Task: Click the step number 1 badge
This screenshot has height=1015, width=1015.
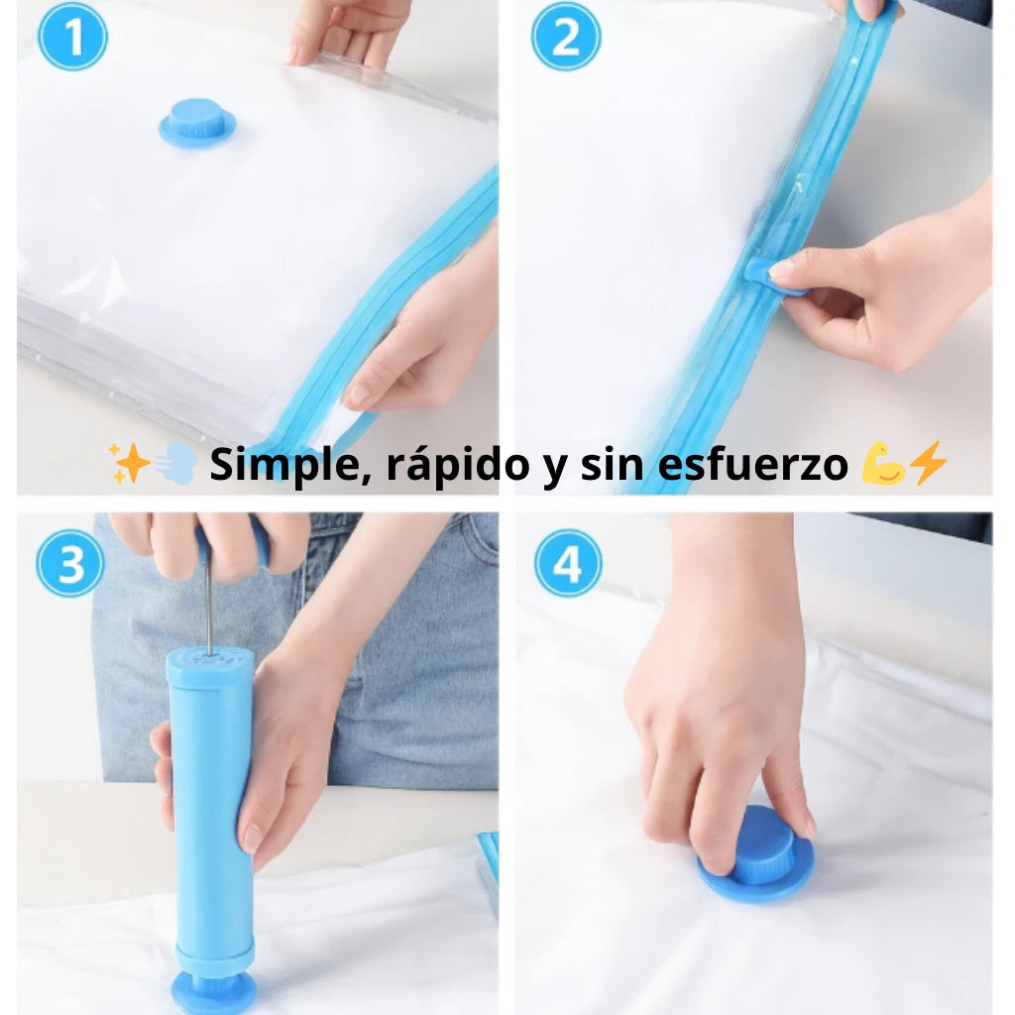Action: click(72, 37)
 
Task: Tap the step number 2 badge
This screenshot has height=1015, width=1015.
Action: click(566, 37)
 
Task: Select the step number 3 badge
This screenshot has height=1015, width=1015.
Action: click(70, 563)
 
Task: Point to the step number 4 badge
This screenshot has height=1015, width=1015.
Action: click(568, 563)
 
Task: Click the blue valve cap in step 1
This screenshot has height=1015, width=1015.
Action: click(197, 123)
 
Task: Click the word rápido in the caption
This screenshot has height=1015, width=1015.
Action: click(458, 465)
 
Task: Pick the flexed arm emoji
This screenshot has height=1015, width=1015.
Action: click(883, 464)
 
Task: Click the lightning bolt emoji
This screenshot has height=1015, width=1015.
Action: click(928, 463)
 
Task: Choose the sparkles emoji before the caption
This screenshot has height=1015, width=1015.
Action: click(129, 463)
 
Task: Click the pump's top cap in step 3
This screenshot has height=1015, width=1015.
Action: click(210, 668)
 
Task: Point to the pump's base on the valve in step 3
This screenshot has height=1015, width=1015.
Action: click(214, 987)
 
